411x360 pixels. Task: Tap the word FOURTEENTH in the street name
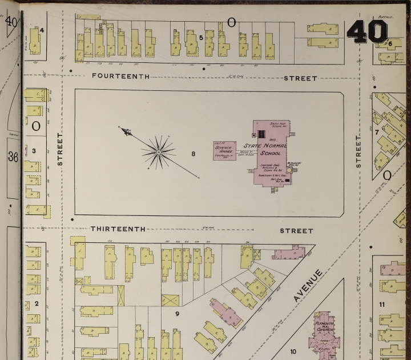click(x=120, y=76)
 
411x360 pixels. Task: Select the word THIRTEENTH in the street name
click(x=118, y=229)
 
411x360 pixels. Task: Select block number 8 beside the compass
click(x=194, y=153)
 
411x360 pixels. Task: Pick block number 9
click(x=177, y=313)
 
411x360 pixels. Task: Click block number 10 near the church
click(x=293, y=351)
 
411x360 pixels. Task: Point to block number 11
click(x=382, y=303)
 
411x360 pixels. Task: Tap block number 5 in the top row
click(x=201, y=38)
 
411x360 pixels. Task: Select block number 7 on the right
click(x=377, y=133)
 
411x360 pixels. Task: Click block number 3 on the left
click(x=34, y=151)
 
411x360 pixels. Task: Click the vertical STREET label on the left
click(x=59, y=150)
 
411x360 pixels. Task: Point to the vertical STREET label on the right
click(x=359, y=151)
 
